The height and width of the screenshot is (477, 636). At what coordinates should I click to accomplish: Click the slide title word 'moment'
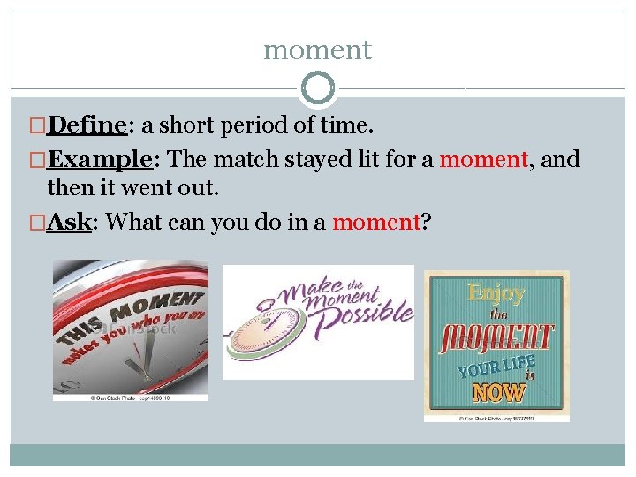(318, 50)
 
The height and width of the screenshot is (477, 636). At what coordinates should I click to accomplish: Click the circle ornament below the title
(318, 88)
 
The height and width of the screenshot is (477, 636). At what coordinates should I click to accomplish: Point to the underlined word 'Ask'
(70, 222)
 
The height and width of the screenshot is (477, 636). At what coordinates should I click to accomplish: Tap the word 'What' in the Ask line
(132, 222)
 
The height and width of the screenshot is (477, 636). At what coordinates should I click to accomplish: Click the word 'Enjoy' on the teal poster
(496, 292)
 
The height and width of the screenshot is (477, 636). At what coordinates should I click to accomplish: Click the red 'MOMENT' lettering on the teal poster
(496, 337)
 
